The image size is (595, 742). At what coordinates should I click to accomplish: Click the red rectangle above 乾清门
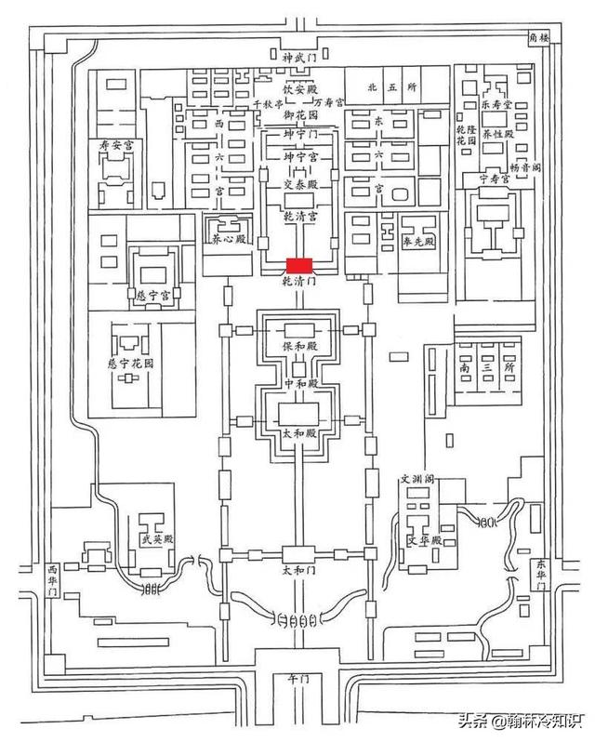pyautogui.click(x=299, y=265)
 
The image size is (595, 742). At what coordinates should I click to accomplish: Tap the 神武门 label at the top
pyautogui.click(x=299, y=58)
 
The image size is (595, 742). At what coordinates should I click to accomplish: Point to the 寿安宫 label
pyautogui.click(x=117, y=145)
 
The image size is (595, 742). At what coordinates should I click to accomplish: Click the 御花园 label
pyautogui.click(x=299, y=114)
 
